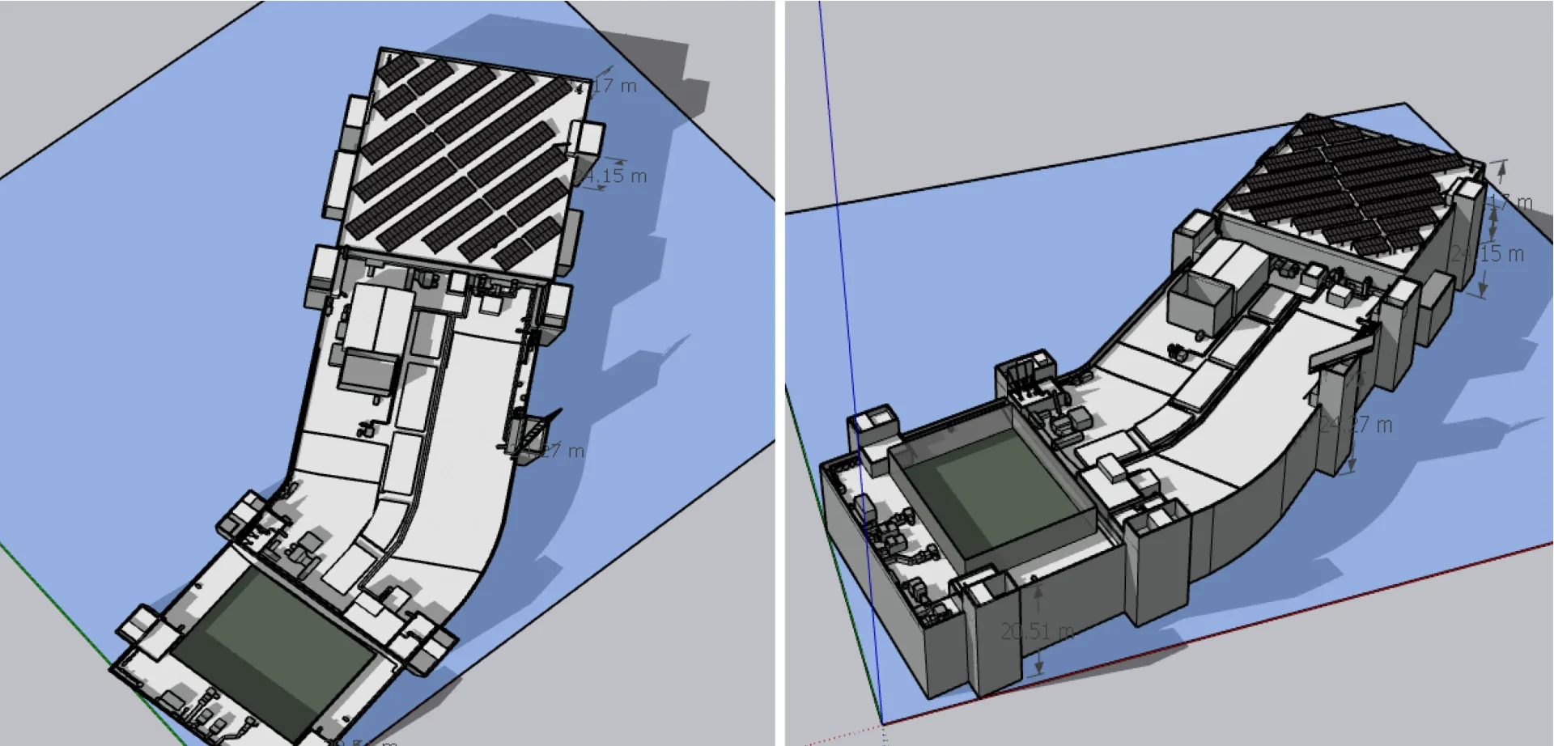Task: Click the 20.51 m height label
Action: pos(1037,631)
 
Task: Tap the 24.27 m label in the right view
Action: pos(1357,425)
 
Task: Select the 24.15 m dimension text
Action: pos(1488,254)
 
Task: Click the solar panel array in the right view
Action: pos(1352,190)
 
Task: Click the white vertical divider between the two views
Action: pos(779,372)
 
